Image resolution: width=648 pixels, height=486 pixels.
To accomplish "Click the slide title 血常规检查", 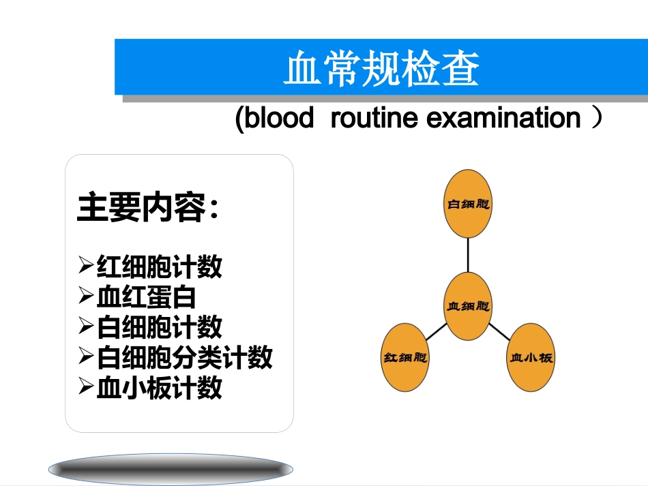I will [x=381, y=69].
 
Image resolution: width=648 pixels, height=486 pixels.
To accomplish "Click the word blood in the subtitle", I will [x=275, y=119].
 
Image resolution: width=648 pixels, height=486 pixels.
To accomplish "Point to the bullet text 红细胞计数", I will [x=159, y=267].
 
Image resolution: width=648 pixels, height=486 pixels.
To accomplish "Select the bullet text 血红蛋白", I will [x=146, y=297].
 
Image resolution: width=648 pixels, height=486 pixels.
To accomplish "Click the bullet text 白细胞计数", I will [x=159, y=327].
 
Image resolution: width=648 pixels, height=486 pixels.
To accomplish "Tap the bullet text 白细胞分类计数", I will [x=184, y=357].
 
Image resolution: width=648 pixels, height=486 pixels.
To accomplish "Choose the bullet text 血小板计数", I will [x=159, y=388].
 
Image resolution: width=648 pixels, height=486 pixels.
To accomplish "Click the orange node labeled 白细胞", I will [x=468, y=204].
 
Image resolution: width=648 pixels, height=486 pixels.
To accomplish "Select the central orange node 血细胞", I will [x=468, y=306].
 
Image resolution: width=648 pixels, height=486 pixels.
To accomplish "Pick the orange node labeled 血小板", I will [x=531, y=357].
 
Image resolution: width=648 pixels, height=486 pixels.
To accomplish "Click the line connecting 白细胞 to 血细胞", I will [x=468, y=254].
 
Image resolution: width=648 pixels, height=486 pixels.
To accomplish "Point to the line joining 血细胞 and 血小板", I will [x=502, y=333].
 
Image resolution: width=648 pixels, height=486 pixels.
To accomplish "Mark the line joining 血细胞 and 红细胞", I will [x=435, y=333].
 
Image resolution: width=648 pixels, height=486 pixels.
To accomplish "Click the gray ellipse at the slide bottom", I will [x=171, y=469].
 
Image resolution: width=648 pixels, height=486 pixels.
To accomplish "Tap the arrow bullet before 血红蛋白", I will [x=85, y=297].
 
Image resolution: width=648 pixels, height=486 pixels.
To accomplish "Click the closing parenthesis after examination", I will [x=597, y=119].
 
